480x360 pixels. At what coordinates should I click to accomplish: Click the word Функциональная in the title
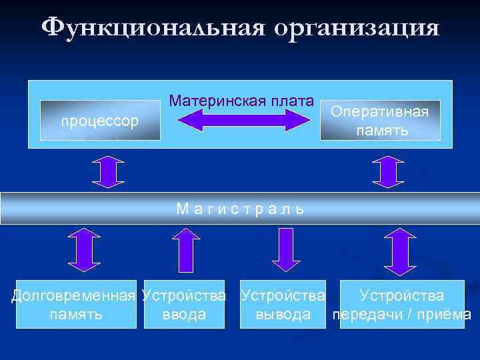tap(151, 27)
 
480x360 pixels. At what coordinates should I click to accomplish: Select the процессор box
tap(100, 121)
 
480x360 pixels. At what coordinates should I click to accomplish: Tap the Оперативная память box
tap(380, 121)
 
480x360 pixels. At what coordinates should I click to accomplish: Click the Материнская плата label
tap(241, 101)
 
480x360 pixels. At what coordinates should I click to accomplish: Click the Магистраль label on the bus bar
tap(240, 209)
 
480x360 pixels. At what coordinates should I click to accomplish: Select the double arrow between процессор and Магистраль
tap(109, 171)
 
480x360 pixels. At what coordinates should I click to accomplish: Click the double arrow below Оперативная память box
tap(386, 171)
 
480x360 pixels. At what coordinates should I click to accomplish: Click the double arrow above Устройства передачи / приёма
tap(400, 250)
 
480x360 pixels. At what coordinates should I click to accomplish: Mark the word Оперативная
tap(380, 111)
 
